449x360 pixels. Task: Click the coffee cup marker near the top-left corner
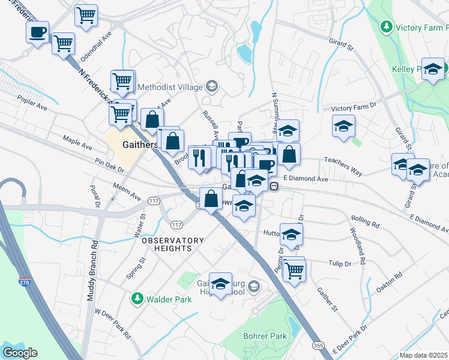pos(37,32)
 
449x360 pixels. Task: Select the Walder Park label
pos(159,298)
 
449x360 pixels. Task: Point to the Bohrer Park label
pos(265,336)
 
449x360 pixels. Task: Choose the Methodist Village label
pos(170,87)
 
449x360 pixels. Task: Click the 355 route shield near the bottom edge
pos(319,346)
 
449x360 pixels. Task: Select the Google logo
pos(20,353)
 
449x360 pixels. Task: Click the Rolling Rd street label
pos(367,224)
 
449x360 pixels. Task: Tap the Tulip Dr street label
pos(339,263)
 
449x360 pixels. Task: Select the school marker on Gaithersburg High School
pos(221,284)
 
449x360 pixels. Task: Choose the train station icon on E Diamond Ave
pos(274,186)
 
